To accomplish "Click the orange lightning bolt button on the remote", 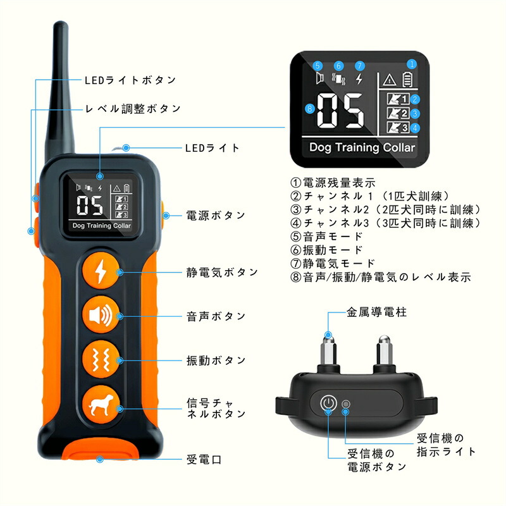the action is (101, 271).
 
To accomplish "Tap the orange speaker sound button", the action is (101, 315).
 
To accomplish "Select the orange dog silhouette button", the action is (101, 404).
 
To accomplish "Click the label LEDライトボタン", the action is (130, 80).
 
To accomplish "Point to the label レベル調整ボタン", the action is (133, 109).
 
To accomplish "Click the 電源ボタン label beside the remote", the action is (216, 215).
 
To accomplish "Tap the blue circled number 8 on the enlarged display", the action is (310, 108).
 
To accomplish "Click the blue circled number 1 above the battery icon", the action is (412, 64).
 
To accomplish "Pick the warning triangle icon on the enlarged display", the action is (389, 80).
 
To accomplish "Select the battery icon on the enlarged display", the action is (407, 80).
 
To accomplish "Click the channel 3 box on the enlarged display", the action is (398, 127).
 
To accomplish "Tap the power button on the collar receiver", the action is (328, 403).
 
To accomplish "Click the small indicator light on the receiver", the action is (346, 404).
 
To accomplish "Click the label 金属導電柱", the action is (376, 312).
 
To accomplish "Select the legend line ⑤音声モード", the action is (326, 237).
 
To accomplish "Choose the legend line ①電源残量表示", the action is (333, 183).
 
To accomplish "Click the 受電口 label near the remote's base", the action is (204, 460).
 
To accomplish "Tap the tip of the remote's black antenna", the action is (60, 23).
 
